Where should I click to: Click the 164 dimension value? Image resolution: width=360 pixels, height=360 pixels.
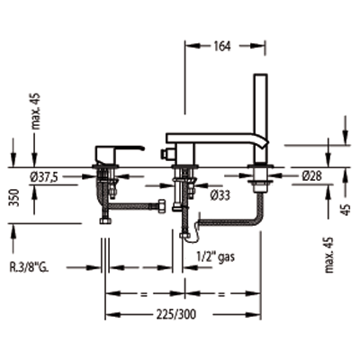(x=222, y=46)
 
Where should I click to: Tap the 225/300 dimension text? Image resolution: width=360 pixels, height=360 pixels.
(x=175, y=315)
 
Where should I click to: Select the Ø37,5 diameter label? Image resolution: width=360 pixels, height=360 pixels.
(x=43, y=177)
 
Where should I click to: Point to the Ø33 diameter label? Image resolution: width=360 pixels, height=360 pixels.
(x=220, y=195)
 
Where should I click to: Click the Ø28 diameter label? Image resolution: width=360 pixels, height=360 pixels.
(x=311, y=176)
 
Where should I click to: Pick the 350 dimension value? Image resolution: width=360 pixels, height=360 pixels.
(x=14, y=198)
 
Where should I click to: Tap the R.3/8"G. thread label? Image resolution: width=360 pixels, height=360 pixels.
(x=29, y=267)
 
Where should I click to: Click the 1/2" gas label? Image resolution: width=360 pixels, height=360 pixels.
(x=216, y=256)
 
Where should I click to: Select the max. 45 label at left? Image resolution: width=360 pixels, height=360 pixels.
(x=36, y=112)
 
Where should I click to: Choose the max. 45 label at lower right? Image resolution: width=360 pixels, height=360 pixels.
(x=329, y=255)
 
